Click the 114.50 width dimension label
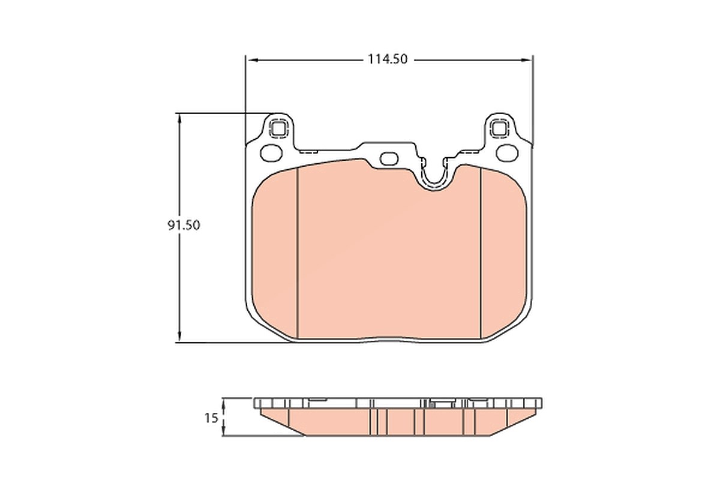(388, 59)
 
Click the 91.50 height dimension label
(184, 226)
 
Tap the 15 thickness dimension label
(211, 418)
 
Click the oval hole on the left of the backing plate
(271, 153)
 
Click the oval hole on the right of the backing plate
(507, 153)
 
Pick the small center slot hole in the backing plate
(389, 159)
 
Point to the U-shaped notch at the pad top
(434, 180)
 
